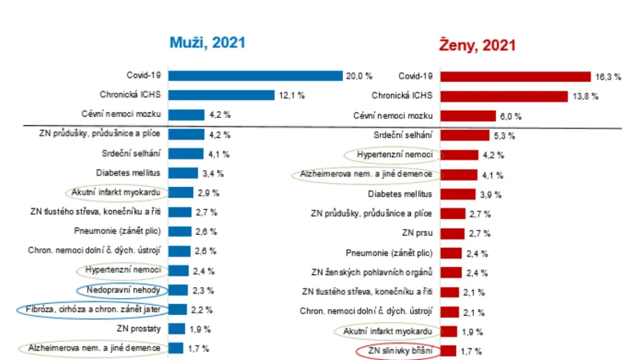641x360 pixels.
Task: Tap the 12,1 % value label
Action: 292,95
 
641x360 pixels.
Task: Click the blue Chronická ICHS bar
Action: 221,95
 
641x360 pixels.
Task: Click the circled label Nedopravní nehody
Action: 123,290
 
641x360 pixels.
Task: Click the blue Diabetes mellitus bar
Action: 183,173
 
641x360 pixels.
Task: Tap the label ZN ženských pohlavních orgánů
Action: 373,271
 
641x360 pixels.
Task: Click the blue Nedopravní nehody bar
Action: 179,290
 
